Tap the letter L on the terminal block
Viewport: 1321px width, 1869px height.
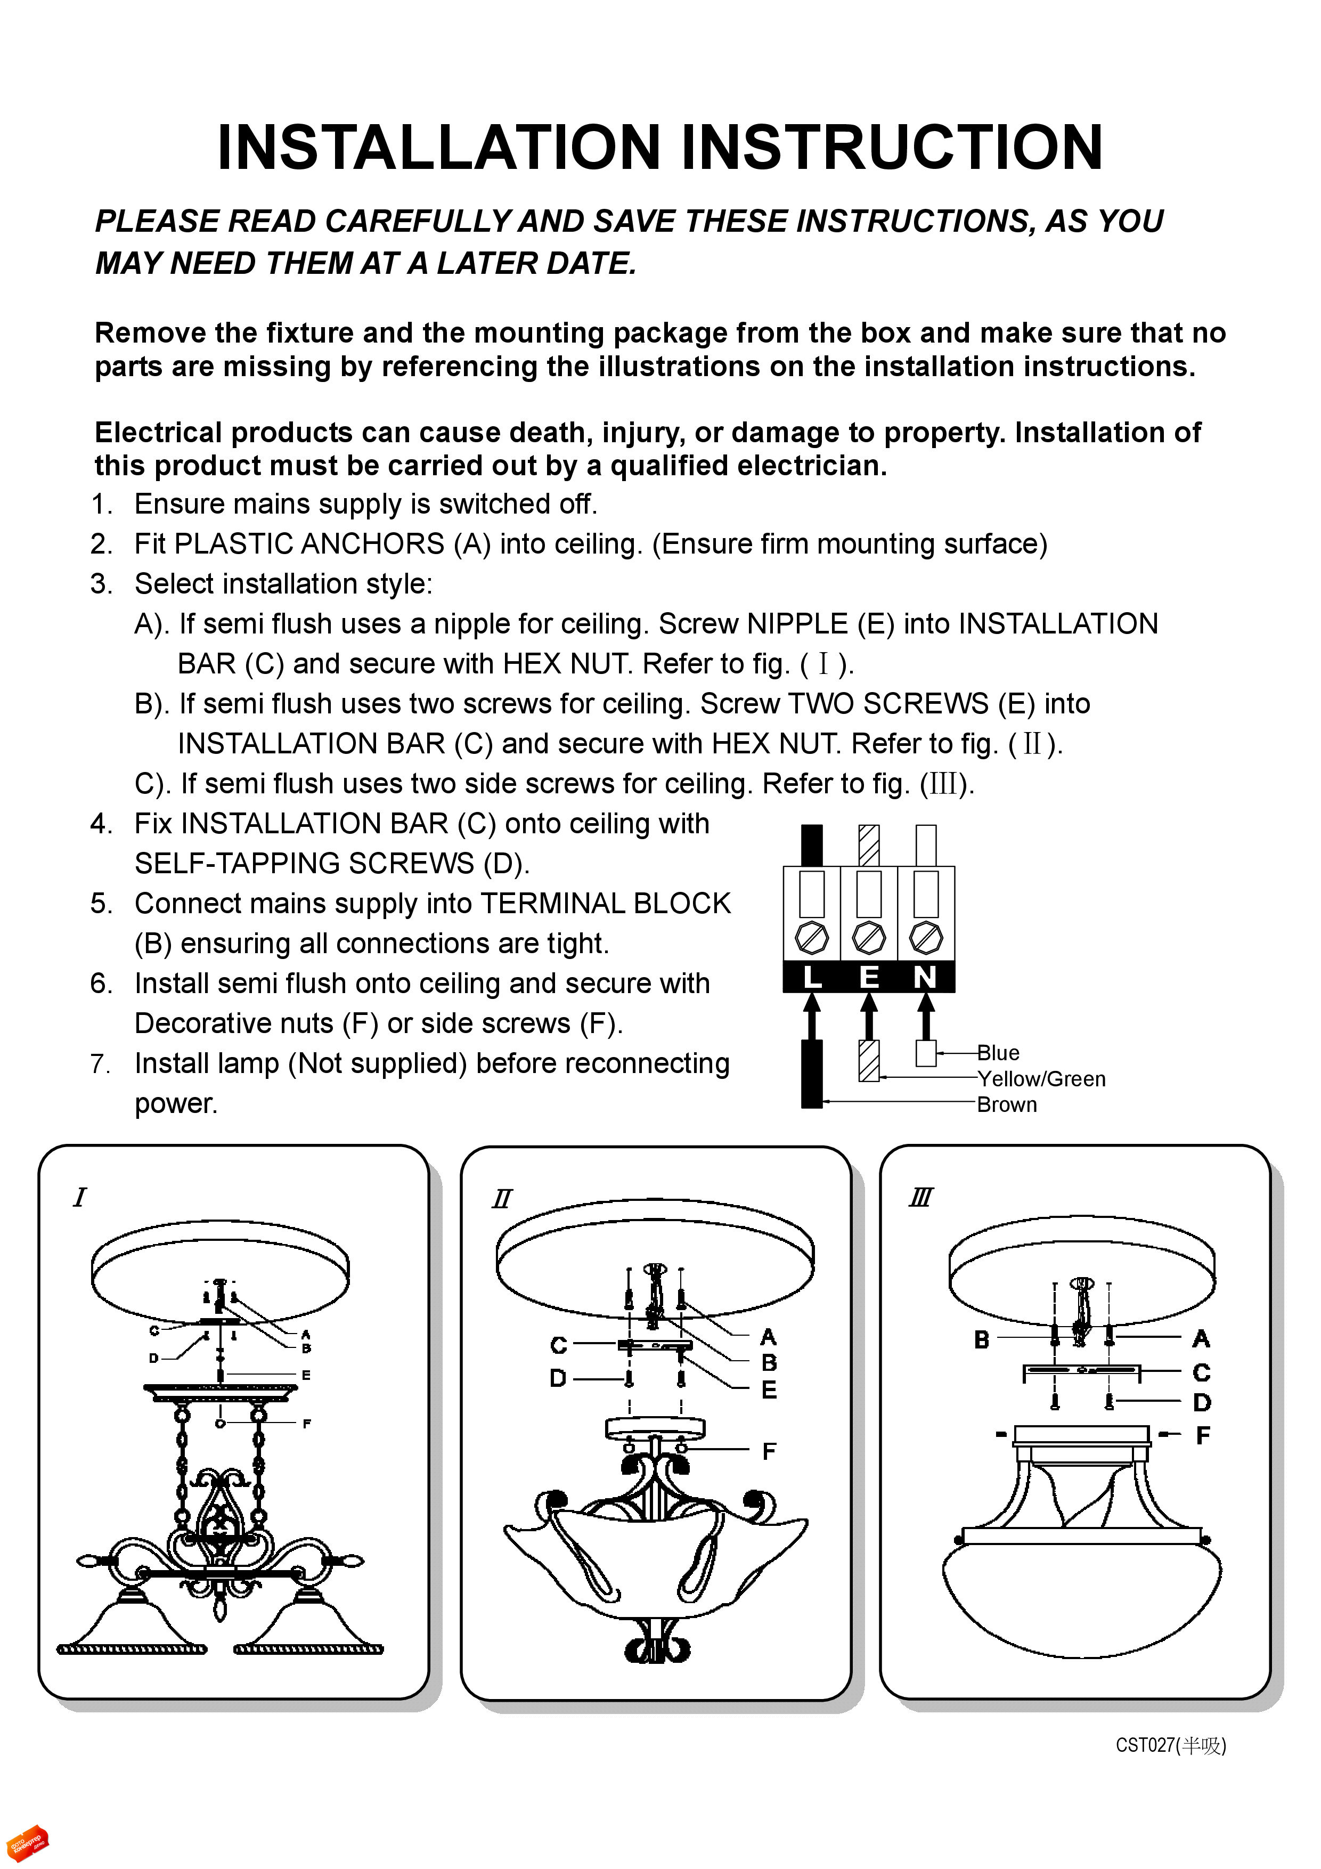point(811,977)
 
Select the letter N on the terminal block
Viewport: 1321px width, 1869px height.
point(925,977)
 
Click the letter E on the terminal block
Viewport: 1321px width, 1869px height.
point(869,977)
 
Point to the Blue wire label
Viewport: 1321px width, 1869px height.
point(998,1053)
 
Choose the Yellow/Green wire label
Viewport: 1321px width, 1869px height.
point(1041,1078)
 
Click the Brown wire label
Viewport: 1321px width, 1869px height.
point(1007,1104)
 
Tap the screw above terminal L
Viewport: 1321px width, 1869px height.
point(811,937)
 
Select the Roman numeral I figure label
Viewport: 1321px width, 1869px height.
point(79,1198)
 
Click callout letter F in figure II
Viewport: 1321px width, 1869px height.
point(768,1451)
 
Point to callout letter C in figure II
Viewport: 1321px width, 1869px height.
point(558,1346)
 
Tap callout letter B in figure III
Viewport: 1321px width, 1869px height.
point(982,1339)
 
